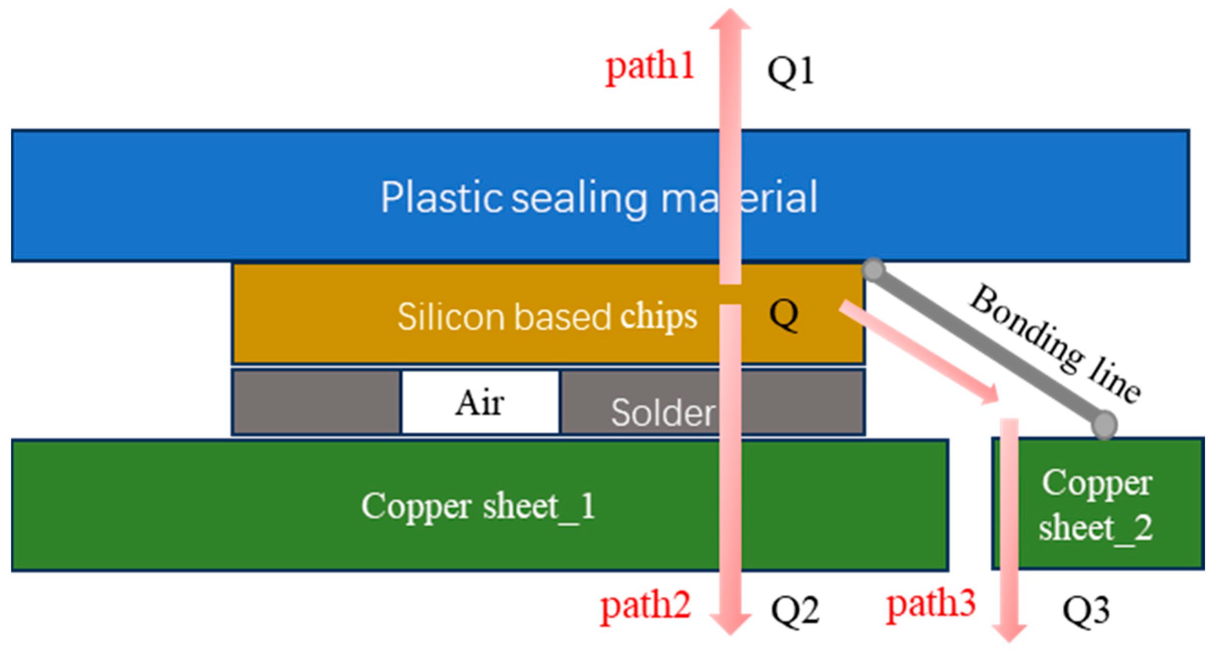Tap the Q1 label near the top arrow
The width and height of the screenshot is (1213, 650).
790,71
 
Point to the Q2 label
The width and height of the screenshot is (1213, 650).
794,610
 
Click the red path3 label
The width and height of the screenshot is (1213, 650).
931,605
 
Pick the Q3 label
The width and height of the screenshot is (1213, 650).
1085,610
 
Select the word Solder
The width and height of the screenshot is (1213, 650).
663,412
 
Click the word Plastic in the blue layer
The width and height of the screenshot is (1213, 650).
441,198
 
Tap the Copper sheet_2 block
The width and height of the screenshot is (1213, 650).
1097,504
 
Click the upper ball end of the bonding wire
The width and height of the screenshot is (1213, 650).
873,270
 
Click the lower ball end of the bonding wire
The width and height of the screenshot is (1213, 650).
1104,425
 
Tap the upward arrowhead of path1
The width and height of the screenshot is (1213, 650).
730,20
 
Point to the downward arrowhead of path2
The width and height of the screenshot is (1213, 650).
730,623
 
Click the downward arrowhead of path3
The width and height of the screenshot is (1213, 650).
1009,633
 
